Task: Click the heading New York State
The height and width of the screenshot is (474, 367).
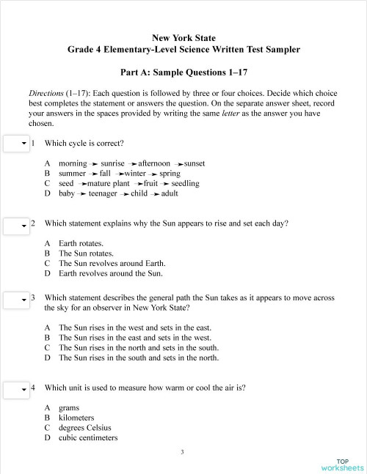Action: pyautogui.click(x=183, y=37)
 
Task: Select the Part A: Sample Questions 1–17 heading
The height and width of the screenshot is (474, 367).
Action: pyautogui.click(x=183, y=73)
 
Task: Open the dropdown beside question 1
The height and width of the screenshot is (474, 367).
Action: pyautogui.click(x=16, y=144)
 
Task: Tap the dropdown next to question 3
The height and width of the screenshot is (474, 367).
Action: pyautogui.click(x=16, y=300)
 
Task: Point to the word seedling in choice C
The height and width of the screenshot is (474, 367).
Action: pyautogui.click(x=186, y=183)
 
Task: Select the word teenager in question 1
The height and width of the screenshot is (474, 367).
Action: pyautogui.click(x=103, y=193)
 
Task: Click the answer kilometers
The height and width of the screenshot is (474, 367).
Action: pyautogui.click(x=79, y=418)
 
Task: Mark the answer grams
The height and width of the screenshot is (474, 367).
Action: pyautogui.click(x=70, y=407)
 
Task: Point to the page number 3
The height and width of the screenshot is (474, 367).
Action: pyautogui.click(x=182, y=452)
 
